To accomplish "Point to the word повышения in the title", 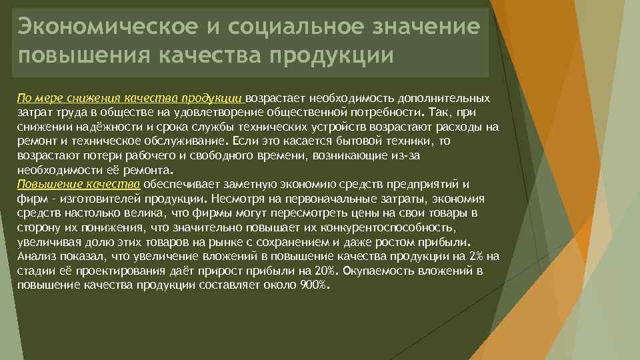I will (x=83, y=55).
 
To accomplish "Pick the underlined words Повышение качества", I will (x=79, y=184).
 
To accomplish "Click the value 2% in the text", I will (x=476, y=256).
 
